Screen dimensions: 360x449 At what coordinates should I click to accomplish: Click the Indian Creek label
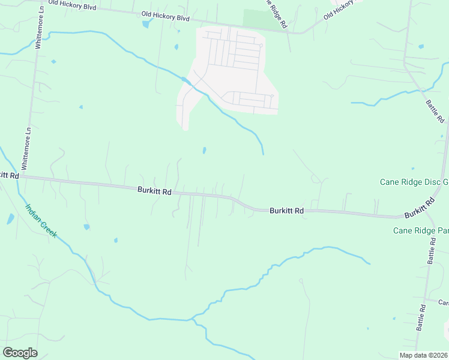coord(41,221)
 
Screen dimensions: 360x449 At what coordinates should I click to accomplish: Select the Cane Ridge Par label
coord(421,230)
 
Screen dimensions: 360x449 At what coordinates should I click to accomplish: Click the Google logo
coord(20,353)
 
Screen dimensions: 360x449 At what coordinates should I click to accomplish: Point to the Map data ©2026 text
coord(423,355)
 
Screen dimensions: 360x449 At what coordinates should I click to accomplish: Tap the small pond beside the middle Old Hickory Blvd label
coord(146,25)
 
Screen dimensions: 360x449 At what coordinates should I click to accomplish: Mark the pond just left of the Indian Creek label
coord(10,219)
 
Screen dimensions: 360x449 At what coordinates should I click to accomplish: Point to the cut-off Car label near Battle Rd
coord(443,302)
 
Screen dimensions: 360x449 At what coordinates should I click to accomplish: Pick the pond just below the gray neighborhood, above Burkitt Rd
coord(204,150)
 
